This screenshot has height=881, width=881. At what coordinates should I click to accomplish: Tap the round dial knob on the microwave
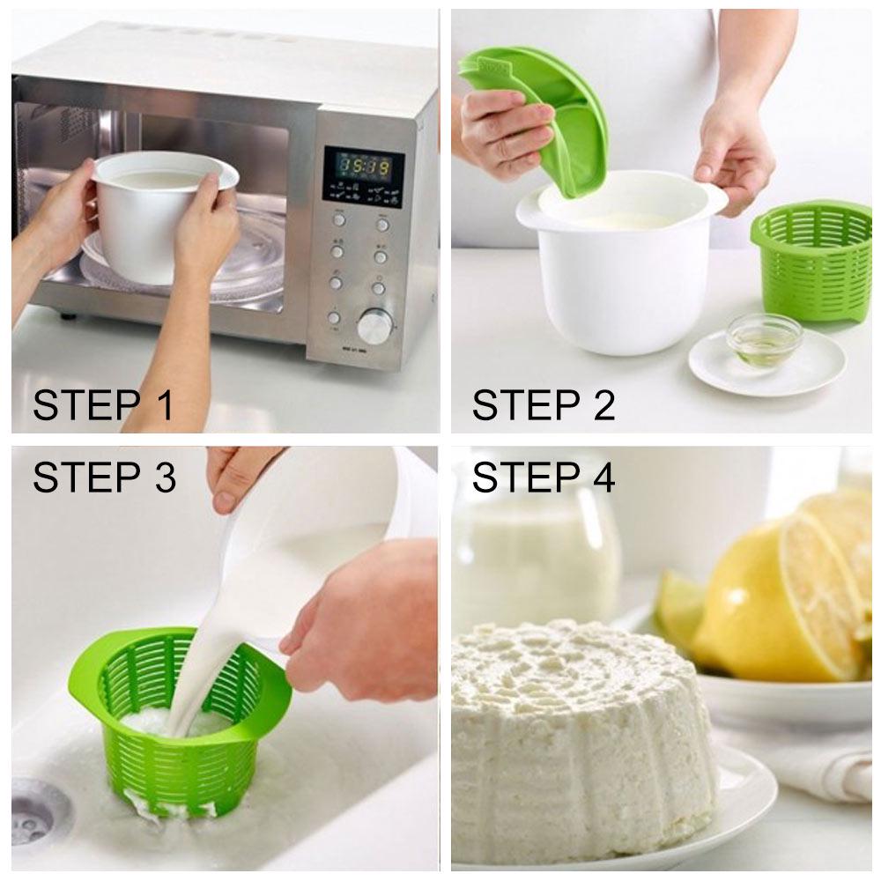click(x=375, y=327)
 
